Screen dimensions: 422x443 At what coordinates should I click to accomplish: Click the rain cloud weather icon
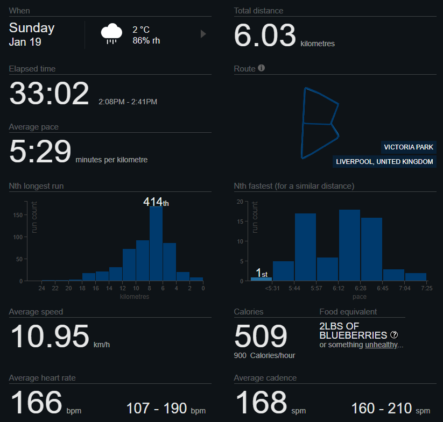tap(111, 33)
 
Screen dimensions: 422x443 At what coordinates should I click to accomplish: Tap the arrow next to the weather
tap(203, 34)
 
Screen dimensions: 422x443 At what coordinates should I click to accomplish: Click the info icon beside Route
tap(262, 68)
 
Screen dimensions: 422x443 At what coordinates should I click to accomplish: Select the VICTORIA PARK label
tap(409, 147)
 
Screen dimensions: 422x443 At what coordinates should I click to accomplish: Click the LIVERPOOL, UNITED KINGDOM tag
tap(384, 161)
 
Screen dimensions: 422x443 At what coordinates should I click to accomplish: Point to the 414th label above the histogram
tap(156, 202)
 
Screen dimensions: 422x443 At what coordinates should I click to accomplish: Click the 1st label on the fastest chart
tap(262, 273)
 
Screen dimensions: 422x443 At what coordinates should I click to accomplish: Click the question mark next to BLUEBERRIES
tap(395, 335)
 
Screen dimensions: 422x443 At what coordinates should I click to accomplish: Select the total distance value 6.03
tap(265, 36)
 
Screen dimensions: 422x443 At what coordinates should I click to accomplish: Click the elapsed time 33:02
tap(49, 94)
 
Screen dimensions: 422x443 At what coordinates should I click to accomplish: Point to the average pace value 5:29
tap(40, 152)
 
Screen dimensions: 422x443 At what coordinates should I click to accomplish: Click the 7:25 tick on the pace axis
tap(426, 289)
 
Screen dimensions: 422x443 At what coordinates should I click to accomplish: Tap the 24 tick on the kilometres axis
tap(41, 289)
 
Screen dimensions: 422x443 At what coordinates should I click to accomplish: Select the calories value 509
tap(261, 336)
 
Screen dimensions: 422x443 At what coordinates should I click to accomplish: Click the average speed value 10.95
tap(50, 337)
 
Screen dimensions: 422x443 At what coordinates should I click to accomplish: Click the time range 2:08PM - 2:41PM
tap(128, 102)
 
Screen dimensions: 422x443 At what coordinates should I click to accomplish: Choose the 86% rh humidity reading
tap(146, 40)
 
